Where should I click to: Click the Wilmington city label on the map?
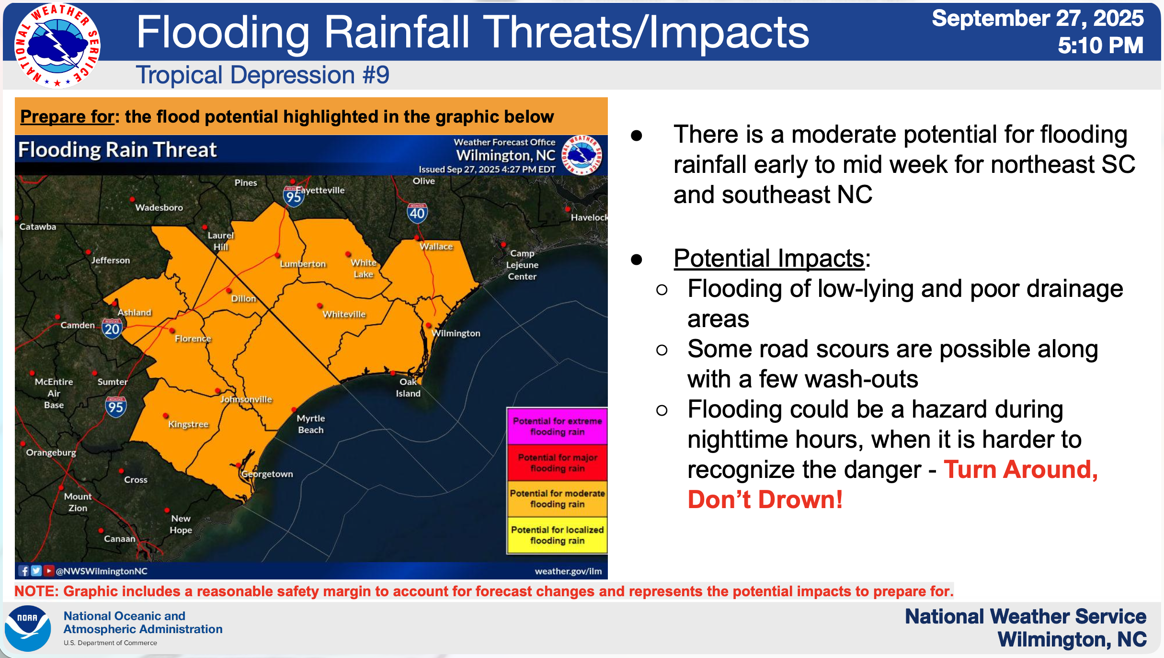pyautogui.click(x=456, y=333)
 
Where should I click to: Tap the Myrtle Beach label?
pyautogui.click(x=311, y=424)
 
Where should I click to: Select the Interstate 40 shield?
pyautogui.click(x=417, y=213)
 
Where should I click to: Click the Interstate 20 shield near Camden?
pyautogui.click(x=112, y=329)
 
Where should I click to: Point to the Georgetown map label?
pyautogui.click(x=267, y=474)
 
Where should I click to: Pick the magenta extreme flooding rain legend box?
pyautogui.click(x=557, y=426)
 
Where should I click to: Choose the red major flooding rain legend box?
pyautogui.click(x=557, y=463)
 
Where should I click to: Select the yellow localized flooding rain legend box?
pyautogui.click(x=557, y=535)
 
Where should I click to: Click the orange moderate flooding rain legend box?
pyautogui.click(x=557, y=499)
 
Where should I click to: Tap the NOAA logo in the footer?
pyautogui.click(x=28, y=628)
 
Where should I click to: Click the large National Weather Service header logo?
pyautogui.click(x=57, y=46)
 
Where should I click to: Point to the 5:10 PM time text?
pyautogui.click(x=1100, y=45)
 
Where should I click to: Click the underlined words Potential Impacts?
pyautogui.click(x=769, y=258)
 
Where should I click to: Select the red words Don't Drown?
pyautogui.click(x=765, y=499)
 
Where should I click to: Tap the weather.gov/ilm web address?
pyautogui.click(x=568, y=571)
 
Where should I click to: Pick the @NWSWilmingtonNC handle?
pyautogui.click(x=102, y=571)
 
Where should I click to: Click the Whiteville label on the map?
pyautogui.click(x=344, y=314)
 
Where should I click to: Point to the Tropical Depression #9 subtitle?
pyautogui.click(x=262, y=75)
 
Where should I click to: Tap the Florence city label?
pyautogui.click(x=193, y=339)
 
